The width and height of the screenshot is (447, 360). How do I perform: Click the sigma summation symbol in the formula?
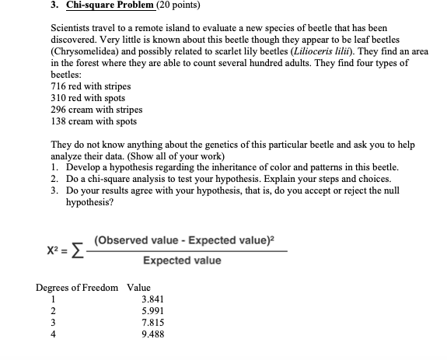[75, 249]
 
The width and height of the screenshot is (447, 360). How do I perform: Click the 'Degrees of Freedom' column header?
[79, 288]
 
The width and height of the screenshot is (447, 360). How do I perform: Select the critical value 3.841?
[152, 299]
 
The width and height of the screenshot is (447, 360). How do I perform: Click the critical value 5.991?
[152, 311]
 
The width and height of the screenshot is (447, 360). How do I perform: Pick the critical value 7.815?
[152, 323]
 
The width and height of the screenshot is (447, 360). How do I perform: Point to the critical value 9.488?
[152, 334]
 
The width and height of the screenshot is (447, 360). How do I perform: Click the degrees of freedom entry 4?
[53, 334]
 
